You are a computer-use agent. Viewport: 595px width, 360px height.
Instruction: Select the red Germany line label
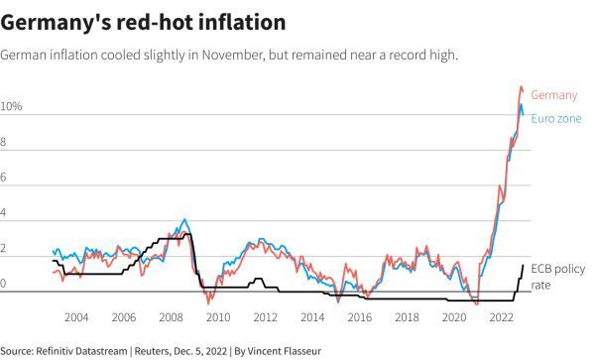click(x=554, y=95)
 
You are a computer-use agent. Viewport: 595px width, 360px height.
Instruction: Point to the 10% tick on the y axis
click(x=11, y=106)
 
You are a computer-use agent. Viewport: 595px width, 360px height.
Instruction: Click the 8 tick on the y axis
click(x=5, y=142)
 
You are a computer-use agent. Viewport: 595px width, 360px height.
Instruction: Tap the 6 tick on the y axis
click(x=5, y=178)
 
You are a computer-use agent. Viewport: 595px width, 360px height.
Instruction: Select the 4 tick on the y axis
click(x=5, y=213)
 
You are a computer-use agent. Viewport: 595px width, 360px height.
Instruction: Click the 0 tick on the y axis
click(x=5, y=285)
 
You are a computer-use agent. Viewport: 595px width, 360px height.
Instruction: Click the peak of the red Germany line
click(x=523, y=87)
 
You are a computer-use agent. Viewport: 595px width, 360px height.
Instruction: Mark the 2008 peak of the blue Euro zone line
click(x=184, y=219)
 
